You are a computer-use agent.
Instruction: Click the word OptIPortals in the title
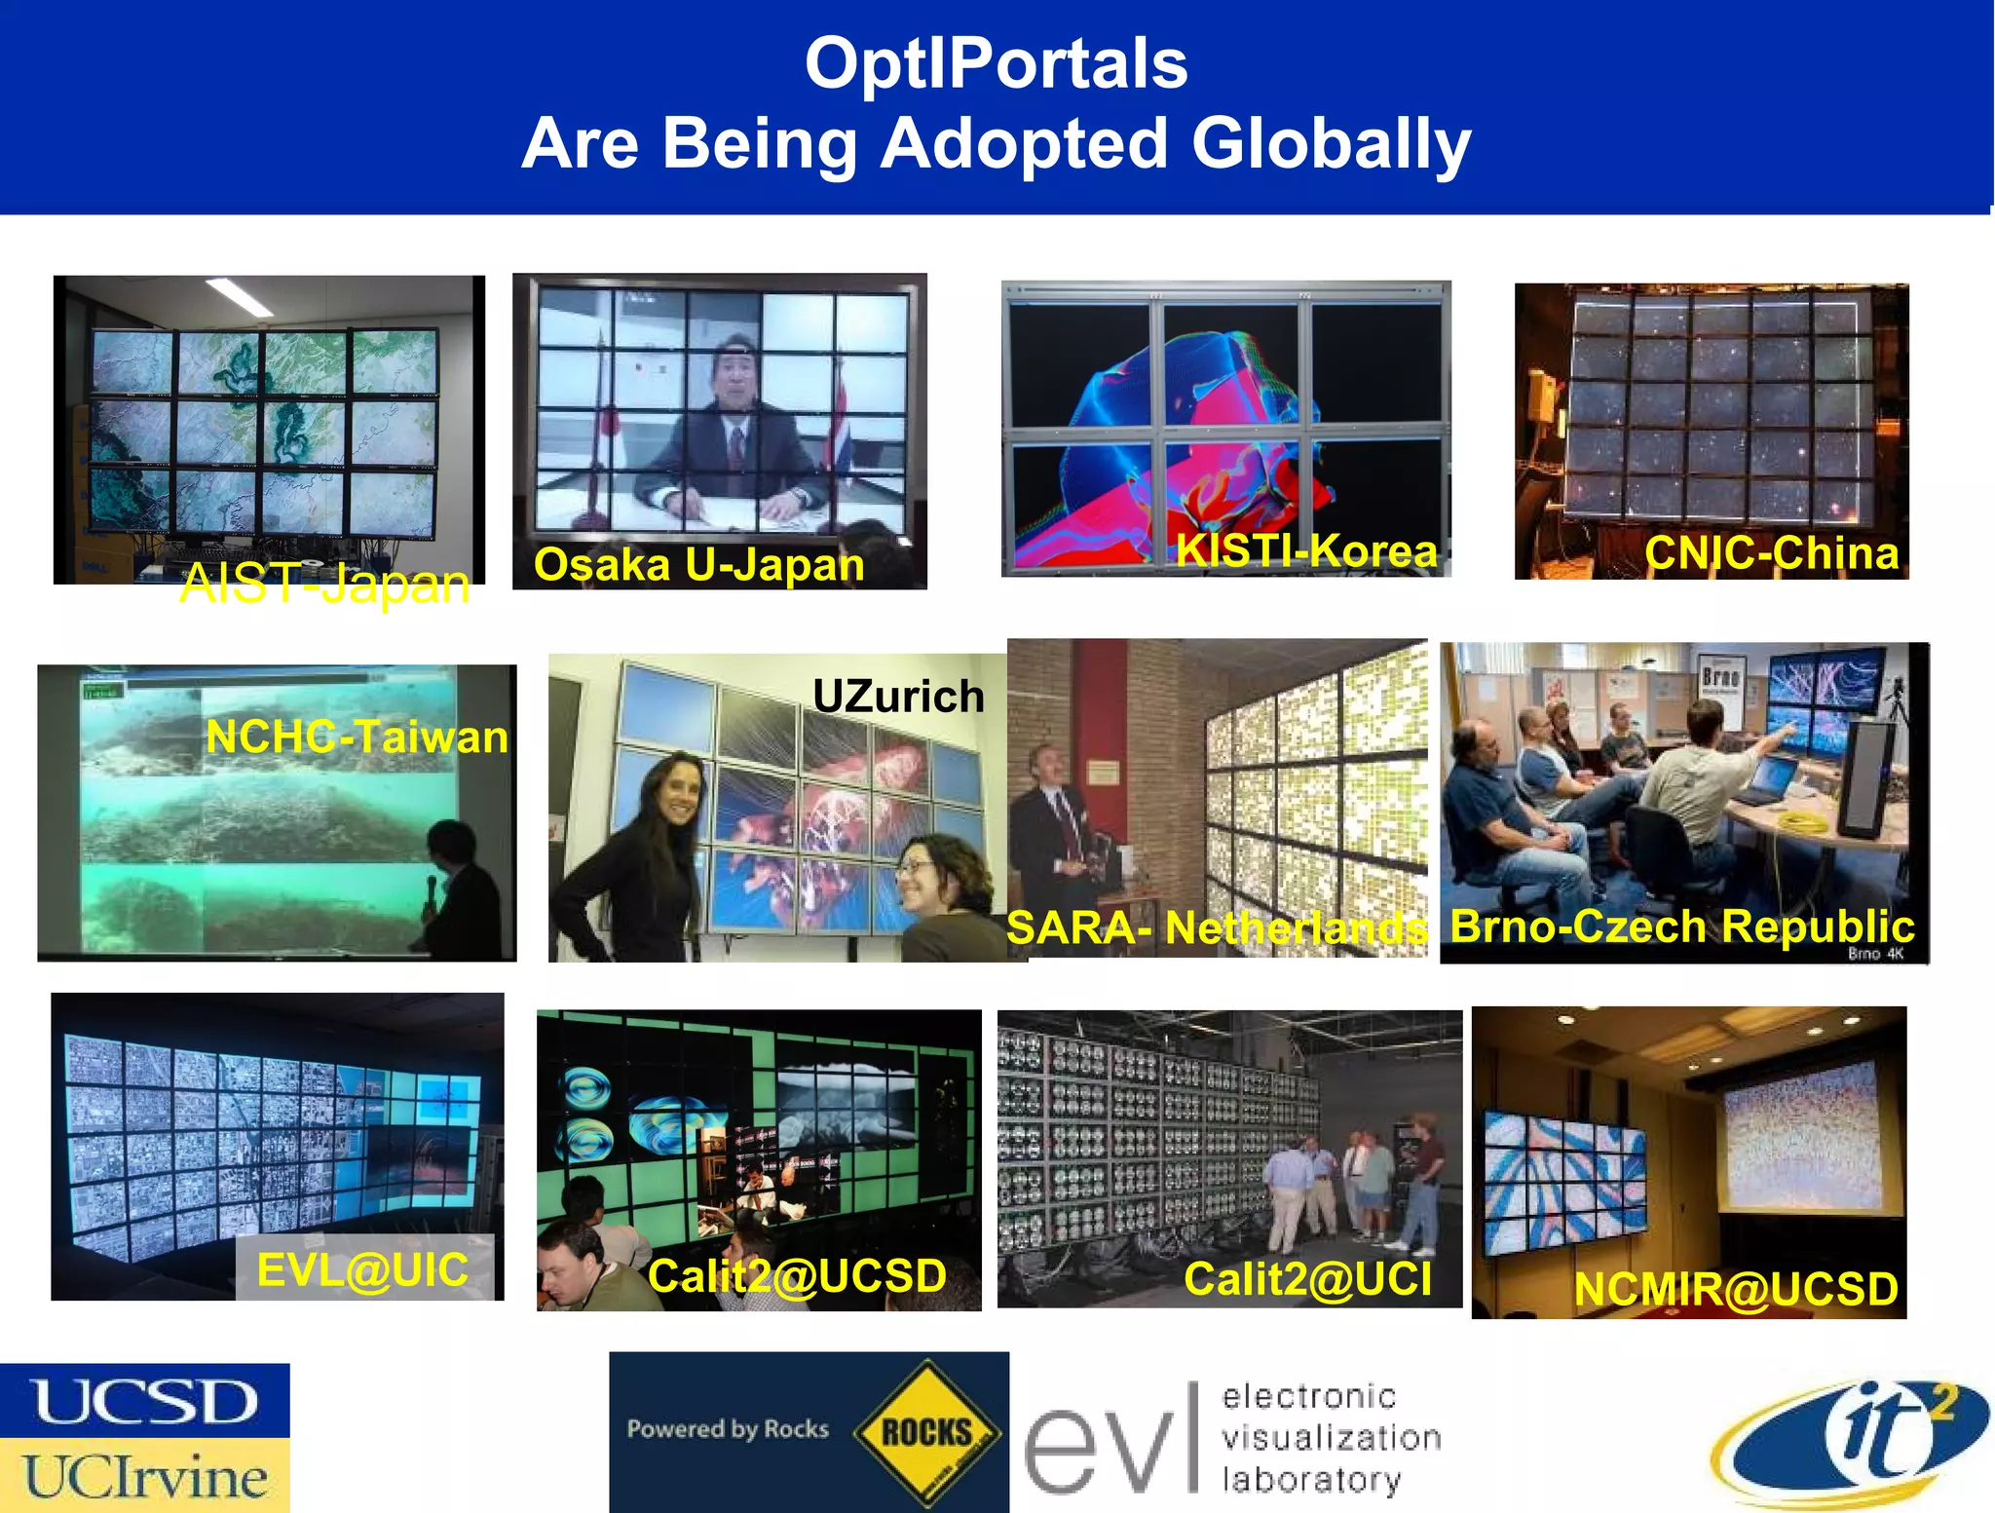tap(996, 63)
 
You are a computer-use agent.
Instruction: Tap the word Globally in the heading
tap(1331, 143)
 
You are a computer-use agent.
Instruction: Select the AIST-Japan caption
tap(324, 585)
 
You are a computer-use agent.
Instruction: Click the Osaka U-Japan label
tap(698, 565)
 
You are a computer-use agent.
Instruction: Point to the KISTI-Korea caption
tap(1306, 551)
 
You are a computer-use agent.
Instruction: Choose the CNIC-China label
tap(1771, 553)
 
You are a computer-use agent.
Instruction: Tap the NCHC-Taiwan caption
tap(357, 737)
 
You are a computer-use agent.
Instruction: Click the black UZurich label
tap(898, 696)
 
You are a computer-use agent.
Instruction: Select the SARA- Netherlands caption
tap(1216, 927)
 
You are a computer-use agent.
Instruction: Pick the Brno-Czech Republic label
tap(1681, 926)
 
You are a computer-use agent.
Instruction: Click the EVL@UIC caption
tap(362, 1269)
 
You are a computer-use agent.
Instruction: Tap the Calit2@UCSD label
tap(797, 1276)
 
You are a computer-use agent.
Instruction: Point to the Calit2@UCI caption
tap(1307, 1279)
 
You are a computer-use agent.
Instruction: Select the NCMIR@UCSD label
tap(1736, 1289)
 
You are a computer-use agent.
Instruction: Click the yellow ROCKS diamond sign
tap(926, 1432)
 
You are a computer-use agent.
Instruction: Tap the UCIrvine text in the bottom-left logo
tap(145, 1477)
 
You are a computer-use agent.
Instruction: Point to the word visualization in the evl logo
tap(1331, 1438)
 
